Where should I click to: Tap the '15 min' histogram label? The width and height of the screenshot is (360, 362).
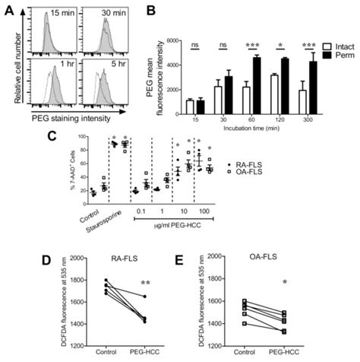point(63,14)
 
